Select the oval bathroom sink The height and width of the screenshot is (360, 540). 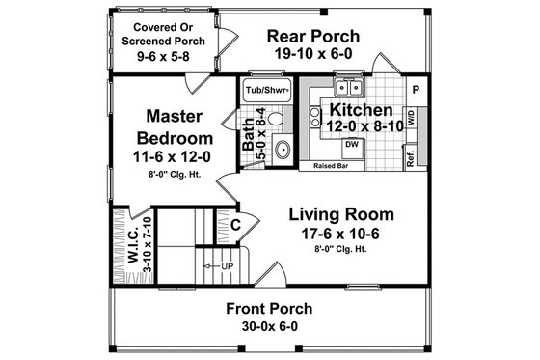[283, 149]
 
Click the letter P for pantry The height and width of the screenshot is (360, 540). [416, 88]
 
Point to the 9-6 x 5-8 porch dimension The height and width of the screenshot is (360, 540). [156, 57]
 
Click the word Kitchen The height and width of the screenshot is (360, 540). [349, 108]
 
